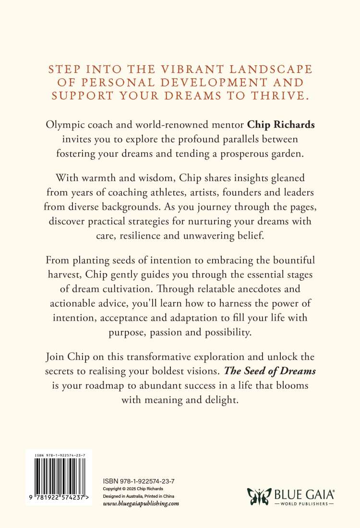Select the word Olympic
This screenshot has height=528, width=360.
(62, 125)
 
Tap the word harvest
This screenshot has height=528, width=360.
(63, 276)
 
